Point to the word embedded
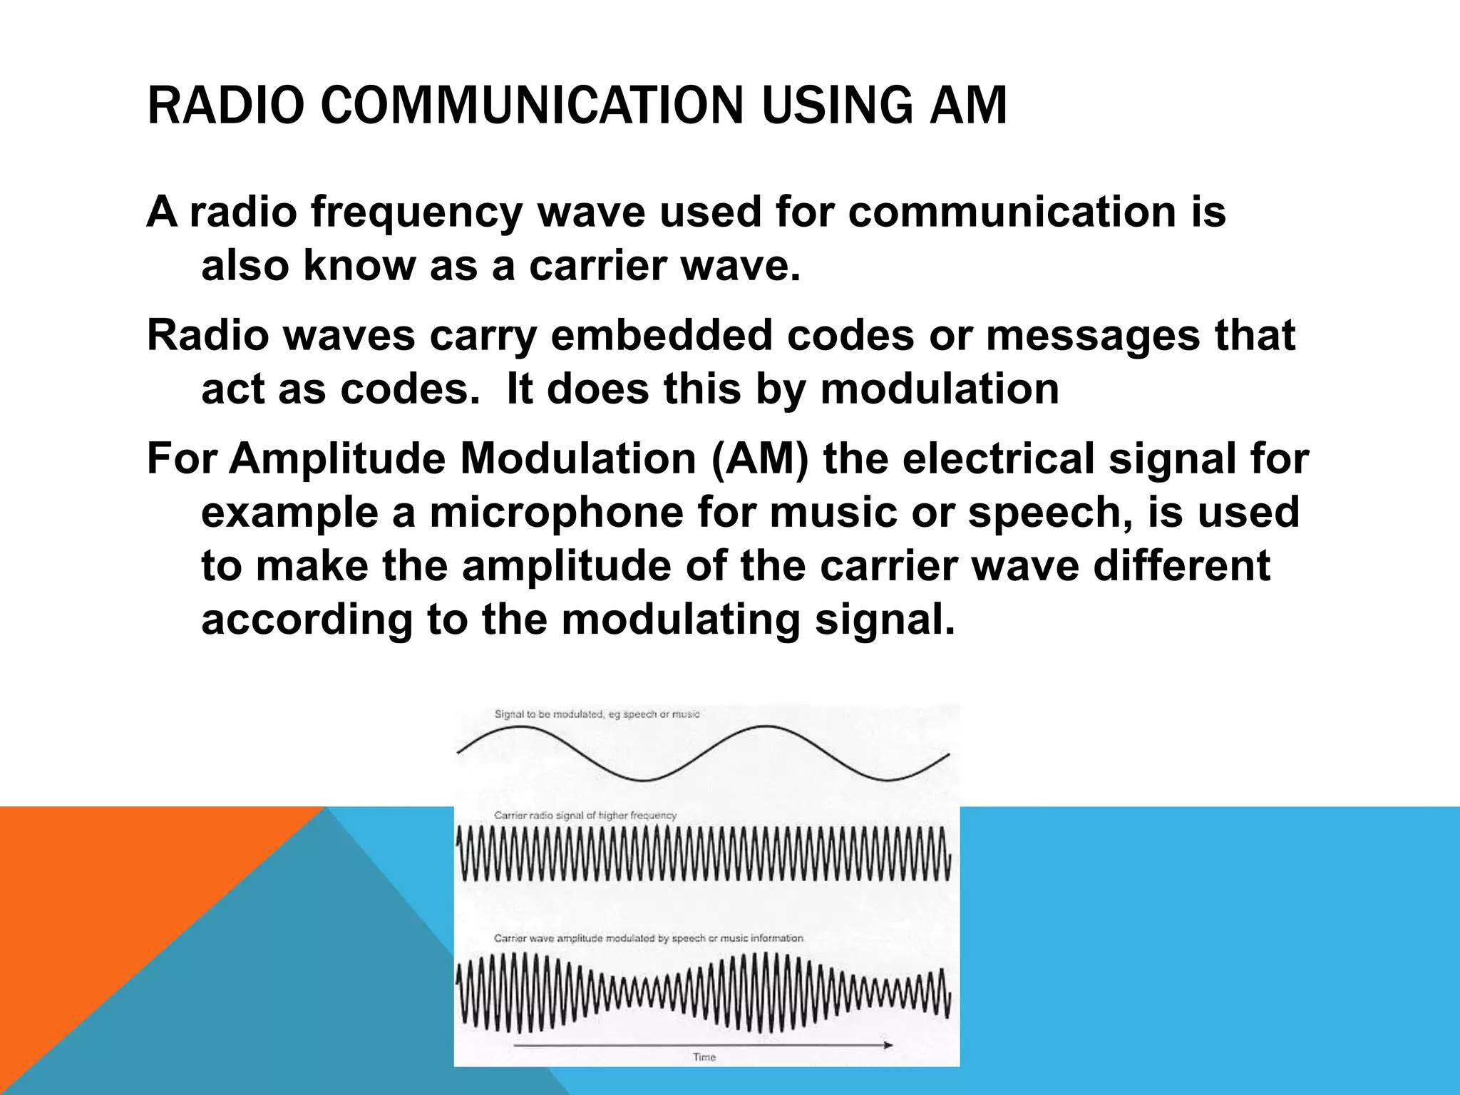(x=662, y=335)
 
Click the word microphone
(x=556, y=513)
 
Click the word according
(x=306, y=620)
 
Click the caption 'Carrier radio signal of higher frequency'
(x=585, y=815)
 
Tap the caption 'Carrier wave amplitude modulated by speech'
(x=648, y=938)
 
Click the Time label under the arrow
(x=704, y=1057)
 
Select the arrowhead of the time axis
(x=888, y=1045)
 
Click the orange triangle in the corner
(x=107, y=912)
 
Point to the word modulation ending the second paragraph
(x=940, y=389)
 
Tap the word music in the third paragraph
(x=829, y=513)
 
